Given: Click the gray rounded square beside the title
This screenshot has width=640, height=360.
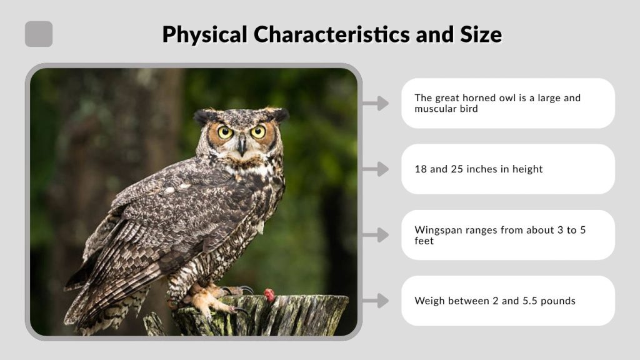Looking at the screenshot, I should click(39, 34).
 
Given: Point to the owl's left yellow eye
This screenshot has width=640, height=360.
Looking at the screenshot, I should click(225, 132).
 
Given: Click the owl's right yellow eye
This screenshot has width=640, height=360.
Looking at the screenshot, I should click(257, 131).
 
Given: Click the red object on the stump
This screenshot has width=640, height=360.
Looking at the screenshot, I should click(269, 295).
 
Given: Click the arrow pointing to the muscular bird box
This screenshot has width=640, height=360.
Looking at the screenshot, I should click(376, 103).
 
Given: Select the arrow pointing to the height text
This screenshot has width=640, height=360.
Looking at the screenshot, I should click(376, 169).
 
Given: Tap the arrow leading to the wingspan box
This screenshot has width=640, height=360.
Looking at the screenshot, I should click(376, 235).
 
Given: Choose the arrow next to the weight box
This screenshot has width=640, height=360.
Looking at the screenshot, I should click(376, 301).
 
